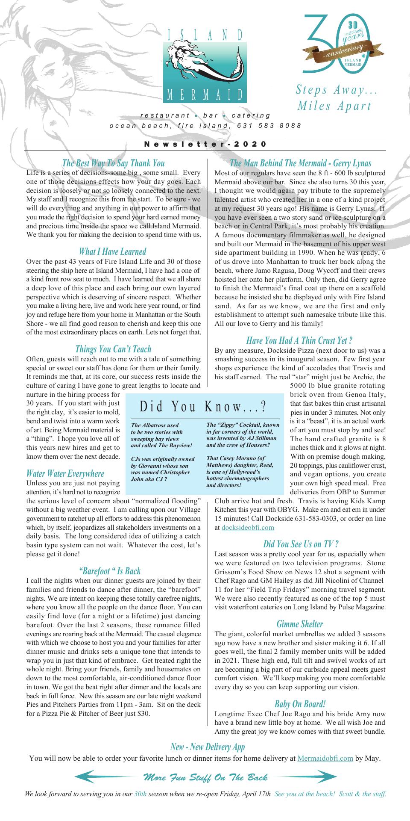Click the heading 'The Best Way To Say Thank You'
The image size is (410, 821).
coord(113,163)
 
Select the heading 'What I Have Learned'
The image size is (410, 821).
coord(113,251)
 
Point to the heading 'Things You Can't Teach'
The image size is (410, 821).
coord(113,349)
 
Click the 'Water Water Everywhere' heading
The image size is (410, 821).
coord(65,473)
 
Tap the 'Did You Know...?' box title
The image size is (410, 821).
coord(203,407)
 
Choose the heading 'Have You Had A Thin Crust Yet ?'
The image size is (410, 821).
coord(299,340)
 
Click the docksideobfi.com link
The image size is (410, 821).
coord(248,527)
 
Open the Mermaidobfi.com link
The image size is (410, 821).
coord(325,758)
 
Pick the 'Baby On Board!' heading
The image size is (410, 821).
coord(300,704)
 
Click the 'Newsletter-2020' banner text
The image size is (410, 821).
coord(205,144)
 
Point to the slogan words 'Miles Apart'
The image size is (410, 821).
coord(334,106)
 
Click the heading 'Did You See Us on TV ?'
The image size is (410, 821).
coord(301,544)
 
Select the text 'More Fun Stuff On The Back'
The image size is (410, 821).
coord(206,777)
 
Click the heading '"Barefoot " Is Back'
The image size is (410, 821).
coord(110,571)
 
